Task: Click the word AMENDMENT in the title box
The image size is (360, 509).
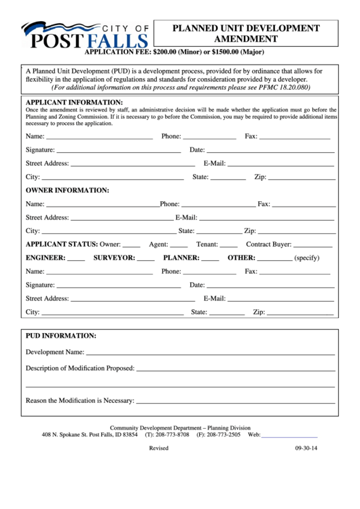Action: (245, 39)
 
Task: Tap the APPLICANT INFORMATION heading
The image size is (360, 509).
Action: (74, 103)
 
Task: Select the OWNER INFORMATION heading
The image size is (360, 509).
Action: (67, 190)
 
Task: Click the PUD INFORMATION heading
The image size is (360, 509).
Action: (61, 336)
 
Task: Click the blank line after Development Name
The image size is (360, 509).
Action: (210, 353)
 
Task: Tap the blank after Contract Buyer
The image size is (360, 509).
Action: (314, 244)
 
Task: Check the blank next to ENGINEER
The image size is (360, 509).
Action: (77, 258)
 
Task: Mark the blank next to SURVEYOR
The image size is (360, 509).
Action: (145, 258)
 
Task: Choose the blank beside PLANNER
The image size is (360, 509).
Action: (211, 258)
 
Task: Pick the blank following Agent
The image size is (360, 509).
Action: (179, 244)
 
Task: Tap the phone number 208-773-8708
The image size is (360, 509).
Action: (173, 434)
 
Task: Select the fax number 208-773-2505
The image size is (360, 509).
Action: (223, 434)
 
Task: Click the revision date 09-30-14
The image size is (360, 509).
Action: (306, 449)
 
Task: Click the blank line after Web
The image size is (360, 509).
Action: (289, 435)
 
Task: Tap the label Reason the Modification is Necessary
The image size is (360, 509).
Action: (79, 401)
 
